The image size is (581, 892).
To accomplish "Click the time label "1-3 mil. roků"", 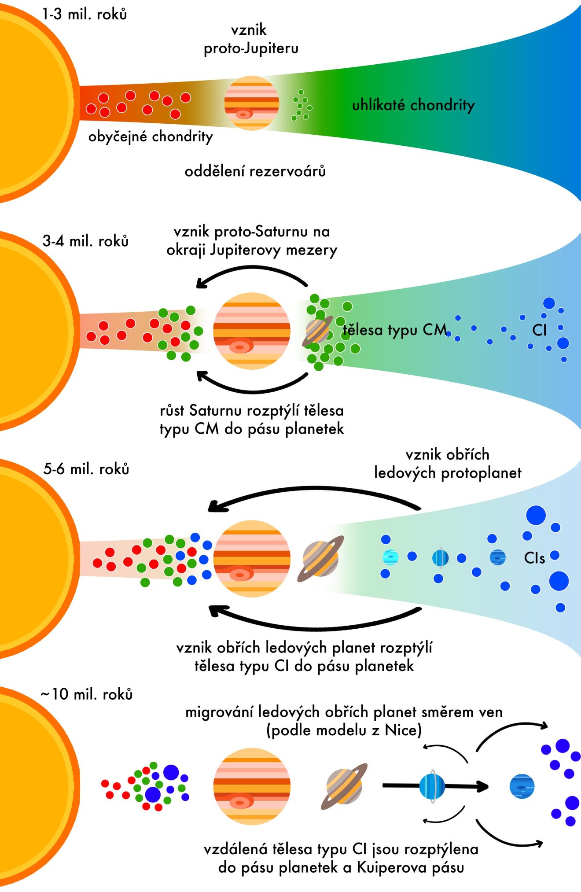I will click(x=85, y=15).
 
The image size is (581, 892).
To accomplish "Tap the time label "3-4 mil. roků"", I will click(x=85, y=241).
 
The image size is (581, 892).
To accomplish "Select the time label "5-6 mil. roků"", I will click(x=86, y=469).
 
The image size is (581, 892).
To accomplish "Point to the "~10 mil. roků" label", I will click(x=87, y=694).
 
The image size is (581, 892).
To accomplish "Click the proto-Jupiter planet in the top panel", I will click(x=251, y=103).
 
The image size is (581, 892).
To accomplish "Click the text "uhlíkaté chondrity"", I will click(x=413, y=105).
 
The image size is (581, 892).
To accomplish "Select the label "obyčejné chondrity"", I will click(x=151, y=137).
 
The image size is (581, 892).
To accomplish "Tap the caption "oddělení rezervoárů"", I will click(x=255, y=171).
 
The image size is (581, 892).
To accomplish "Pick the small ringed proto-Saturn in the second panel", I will click(x=317, y=331).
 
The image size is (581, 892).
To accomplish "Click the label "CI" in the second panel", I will click(x=539, y=330).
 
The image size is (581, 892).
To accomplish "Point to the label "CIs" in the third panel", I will click(x=534, y=558).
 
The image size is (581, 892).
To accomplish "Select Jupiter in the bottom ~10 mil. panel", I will click(x=252, y=786).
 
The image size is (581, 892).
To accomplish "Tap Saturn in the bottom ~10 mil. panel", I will click(x=344, y=786).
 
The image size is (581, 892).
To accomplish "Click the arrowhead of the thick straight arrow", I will click(x=483, y=786).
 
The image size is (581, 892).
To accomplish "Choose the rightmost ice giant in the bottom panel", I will click(x=522, y=786).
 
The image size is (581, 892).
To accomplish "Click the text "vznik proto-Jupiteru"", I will click(x=251, y=39).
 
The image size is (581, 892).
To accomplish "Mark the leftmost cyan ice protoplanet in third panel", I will click(x=390, y=557).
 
